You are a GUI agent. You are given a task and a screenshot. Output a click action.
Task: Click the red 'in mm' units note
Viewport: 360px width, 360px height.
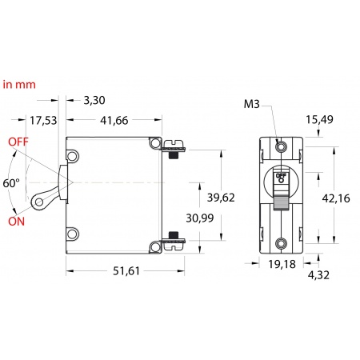[x=19, y=85]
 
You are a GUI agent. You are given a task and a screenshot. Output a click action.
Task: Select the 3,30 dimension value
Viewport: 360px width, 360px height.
[x=94, y=100]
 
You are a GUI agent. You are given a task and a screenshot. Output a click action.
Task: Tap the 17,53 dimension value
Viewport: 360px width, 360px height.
[x=43, y=121]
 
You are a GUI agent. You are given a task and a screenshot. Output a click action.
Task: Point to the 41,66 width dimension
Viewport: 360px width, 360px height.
[x=114, y=121]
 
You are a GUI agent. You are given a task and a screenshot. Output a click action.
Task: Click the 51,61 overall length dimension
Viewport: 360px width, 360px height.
[x=126, y=271]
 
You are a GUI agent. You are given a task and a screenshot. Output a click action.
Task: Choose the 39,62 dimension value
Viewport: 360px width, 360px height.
[x=221, y=198]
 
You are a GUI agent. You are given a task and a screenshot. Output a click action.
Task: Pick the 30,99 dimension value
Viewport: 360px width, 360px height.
[x=200, y=218]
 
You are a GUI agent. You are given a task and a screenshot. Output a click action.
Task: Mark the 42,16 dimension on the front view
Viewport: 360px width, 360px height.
[x=336, y=198]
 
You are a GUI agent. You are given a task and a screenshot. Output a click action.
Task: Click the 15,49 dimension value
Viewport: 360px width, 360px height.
[x=319, y=120]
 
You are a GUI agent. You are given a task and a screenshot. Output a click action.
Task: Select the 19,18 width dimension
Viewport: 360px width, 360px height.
[x=282, y=264]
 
